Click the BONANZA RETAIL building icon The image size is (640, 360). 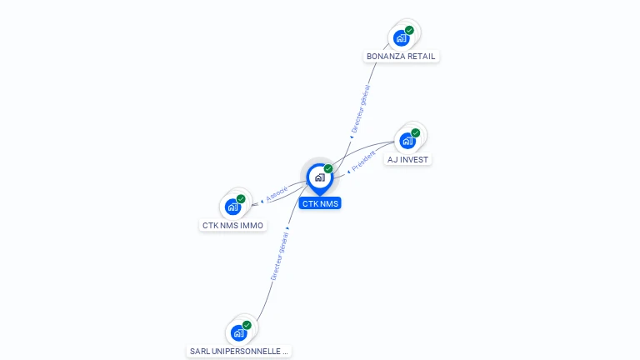pyautogui.click(x=401, y=38)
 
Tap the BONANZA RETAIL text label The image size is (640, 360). pyautogui.click(x=401, y=57)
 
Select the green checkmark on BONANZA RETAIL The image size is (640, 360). pyautogui.click(x=409, y=31)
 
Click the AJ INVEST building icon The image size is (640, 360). pyautogui.click(x=407, y=140)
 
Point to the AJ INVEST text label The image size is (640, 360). pyautogui.click(x=409, y=159)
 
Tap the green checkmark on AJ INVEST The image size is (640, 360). pyautogui.click(x=416, y=132)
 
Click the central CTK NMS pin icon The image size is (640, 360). pyautogui.click(x=319, y=177)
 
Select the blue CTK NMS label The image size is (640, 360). pyautogui.click(x=321, y=203)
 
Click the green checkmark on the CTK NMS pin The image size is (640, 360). pyautogui.click(x=328, y=169)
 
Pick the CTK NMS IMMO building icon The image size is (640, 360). pyautogui.click(x=232, y=207)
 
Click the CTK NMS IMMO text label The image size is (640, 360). pyautogui.click(x=233, y=225)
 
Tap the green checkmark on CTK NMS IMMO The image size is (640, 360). pyautogui.click(x=241, y=199)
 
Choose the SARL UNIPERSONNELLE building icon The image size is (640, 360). pyautogui.click(x=238, y=333)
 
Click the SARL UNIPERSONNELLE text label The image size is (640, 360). pyautogui.click(x=239, y=352)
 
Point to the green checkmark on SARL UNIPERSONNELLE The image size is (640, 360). pyautogui.click(x=247, y=325)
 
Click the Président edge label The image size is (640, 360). pyautogui.click(x=364, y=160)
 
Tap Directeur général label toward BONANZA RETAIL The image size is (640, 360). pyautogui.click(x=360, y=109)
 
